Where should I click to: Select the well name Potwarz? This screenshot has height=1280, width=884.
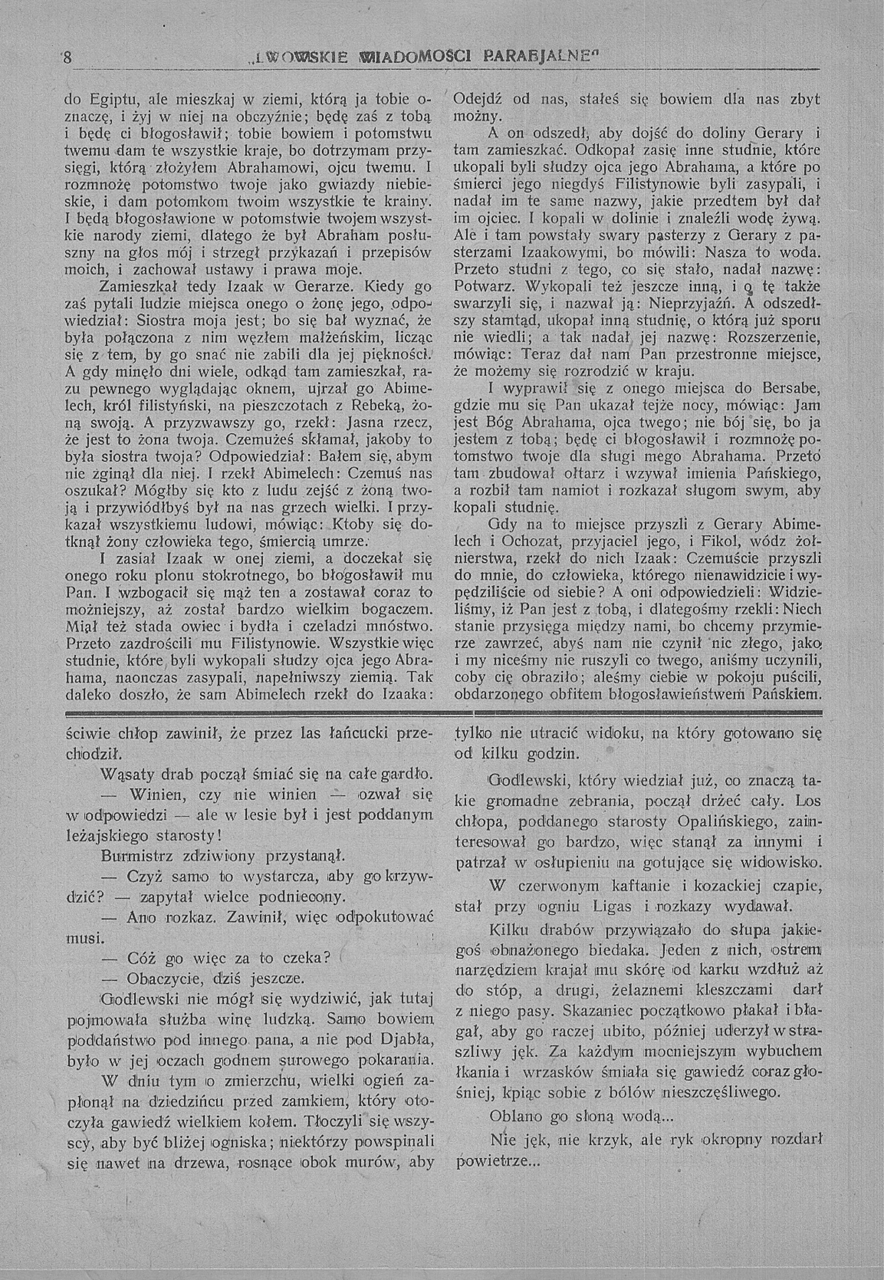[485, 287]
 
